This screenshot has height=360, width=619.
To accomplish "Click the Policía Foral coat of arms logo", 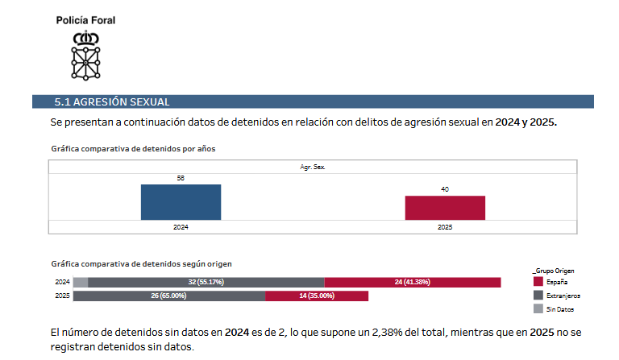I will pos(85,55).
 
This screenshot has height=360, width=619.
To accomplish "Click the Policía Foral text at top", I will pos(85,20).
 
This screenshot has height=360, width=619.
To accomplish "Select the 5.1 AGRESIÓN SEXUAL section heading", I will pos(112,101).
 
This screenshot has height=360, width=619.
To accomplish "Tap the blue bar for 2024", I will pos(181,202).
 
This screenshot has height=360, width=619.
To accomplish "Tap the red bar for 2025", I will pos(445,208).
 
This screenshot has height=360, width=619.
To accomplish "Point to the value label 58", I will pos(181,178).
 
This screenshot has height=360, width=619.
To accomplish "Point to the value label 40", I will pos(445,189).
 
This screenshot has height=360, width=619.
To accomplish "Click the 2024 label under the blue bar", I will pos(181,227).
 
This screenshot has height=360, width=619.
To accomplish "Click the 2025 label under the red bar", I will pos(445,227).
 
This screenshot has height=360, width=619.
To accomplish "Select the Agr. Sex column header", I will pos(313,167).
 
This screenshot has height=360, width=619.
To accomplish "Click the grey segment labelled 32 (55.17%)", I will pos(206,283).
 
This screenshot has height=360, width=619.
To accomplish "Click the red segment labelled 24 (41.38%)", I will pos(413,283).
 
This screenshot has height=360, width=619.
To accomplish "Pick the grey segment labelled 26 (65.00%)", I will pos(169,296).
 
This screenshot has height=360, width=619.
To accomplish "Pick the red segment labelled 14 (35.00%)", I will pos(317,296).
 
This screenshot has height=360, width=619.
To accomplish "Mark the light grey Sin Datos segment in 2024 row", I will pos(81,283).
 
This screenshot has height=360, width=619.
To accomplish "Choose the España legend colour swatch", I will pos(538,283).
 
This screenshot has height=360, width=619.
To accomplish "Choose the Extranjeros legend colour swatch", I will pos(538,296).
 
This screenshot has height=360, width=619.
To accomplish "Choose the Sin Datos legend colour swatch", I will pos(538,308).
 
